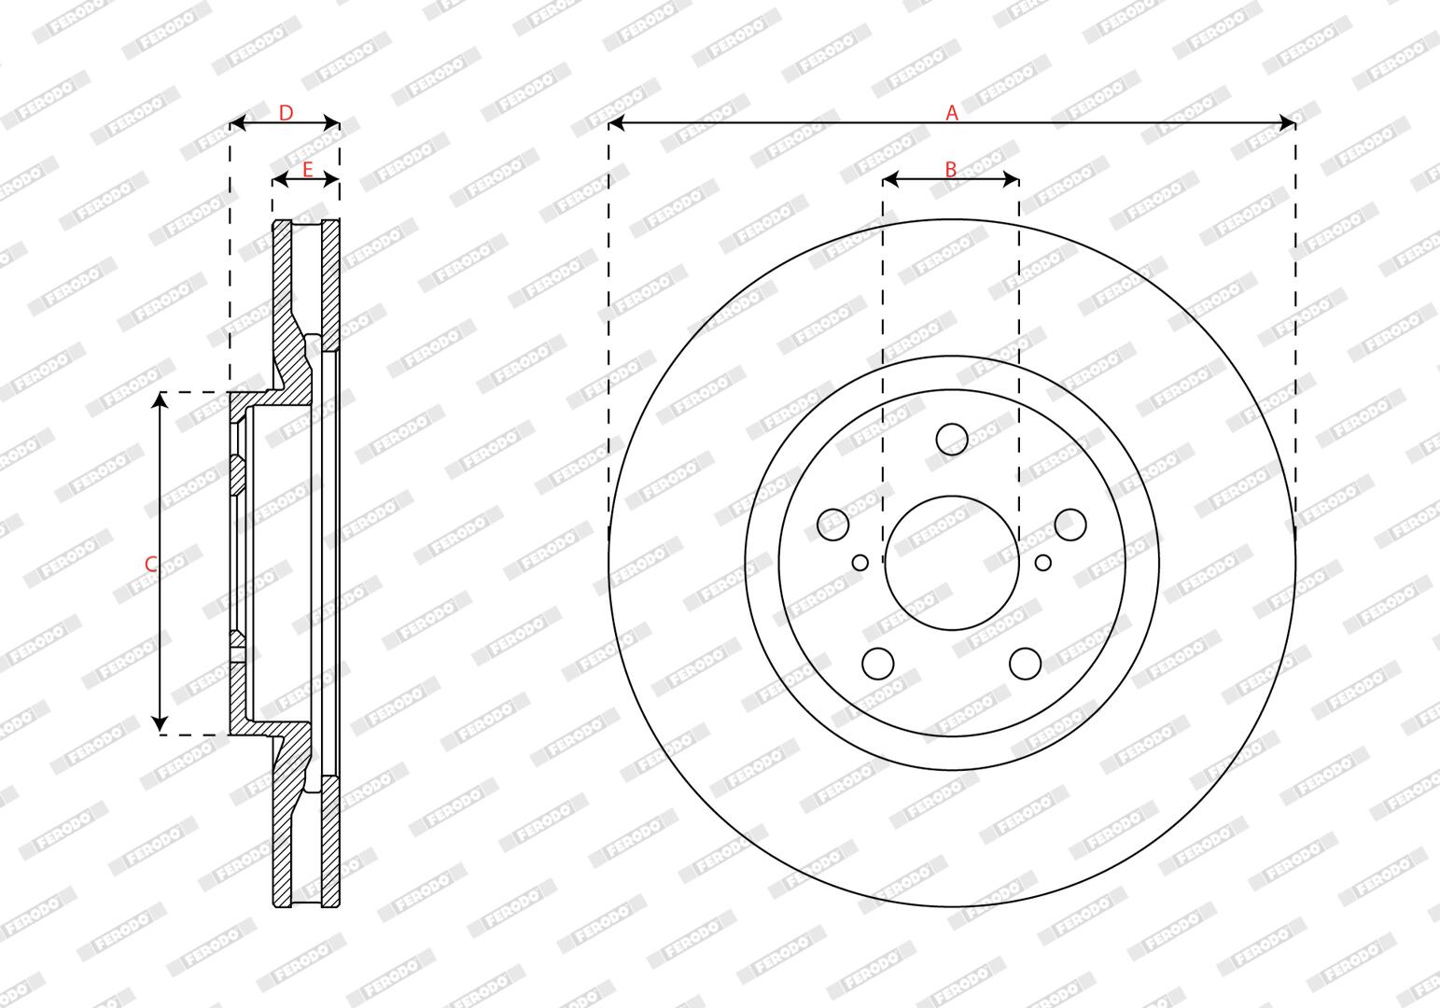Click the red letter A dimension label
click(951, 113)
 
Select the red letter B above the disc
click(951, 169)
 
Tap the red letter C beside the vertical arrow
click(151, 564)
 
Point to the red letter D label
click(286, 113)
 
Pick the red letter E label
click(307, 170)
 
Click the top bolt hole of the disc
click(952, 439)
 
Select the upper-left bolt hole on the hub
click(833, 525)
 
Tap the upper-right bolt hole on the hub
click(1070, 525)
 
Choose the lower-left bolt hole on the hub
click(878, 664)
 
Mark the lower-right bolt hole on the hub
click(1026, 664)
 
